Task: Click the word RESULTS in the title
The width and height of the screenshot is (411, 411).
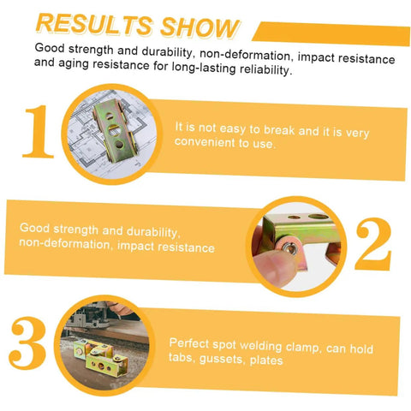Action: click(94, 24)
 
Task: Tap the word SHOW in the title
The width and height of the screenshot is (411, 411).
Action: click(200, 27)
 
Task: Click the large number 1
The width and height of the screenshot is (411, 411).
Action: click(39, 131)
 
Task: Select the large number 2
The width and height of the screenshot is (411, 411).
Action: click(373, 244)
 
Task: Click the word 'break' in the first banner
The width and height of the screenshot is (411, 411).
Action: click(279, 130)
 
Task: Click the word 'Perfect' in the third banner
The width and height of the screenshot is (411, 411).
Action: click(189, 343)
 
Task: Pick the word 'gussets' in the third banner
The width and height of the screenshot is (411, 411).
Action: click(222, 359)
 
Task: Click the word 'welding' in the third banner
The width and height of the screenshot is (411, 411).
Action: click(260, 346)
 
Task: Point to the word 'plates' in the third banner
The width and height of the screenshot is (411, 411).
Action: click(266, 360)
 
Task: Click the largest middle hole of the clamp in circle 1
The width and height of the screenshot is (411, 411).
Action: click(114, 131)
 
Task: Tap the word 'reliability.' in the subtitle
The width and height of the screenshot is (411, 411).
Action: click(266, 69)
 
